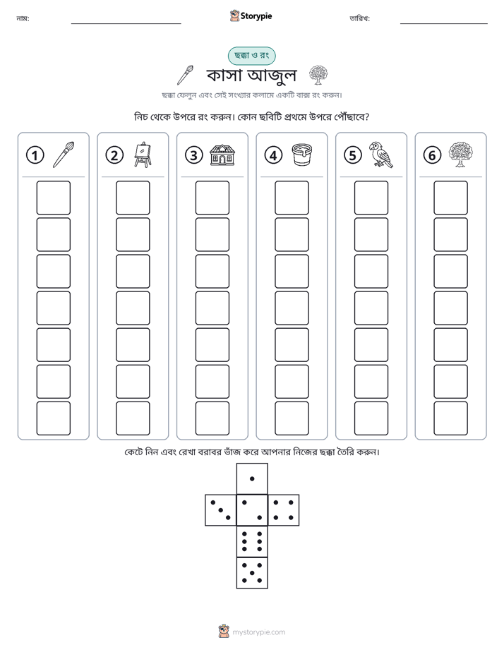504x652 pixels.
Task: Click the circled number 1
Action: tap(35, 155)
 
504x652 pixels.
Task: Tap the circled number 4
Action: tap(273, 155)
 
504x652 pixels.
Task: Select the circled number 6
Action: tap(432, 155)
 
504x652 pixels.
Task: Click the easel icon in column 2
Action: tap(143, 155)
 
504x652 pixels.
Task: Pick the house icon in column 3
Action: tap(222, 155)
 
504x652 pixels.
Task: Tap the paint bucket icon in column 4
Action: tap(302, 155)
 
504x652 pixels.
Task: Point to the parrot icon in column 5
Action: tap(381, 155)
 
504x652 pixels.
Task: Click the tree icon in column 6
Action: tap(461, 155)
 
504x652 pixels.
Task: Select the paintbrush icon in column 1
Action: tap(64, 155)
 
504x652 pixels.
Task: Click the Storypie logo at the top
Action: tap(251, 16)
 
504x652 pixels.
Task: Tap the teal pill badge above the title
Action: tap(251, 56)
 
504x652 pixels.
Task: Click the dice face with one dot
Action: tap(252, 479)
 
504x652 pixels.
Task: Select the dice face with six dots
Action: tap(252, 541)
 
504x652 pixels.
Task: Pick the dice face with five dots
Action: tap(252, 573)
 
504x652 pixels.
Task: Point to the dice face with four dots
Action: tap(284, 510)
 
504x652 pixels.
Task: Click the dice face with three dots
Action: tap(221, 510)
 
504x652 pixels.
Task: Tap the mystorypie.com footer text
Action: tap(258, 632)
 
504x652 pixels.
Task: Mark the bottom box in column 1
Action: tap(53, 418)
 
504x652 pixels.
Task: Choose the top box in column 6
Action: tap(451, 198)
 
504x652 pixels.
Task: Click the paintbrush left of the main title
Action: tap(185, 75)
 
